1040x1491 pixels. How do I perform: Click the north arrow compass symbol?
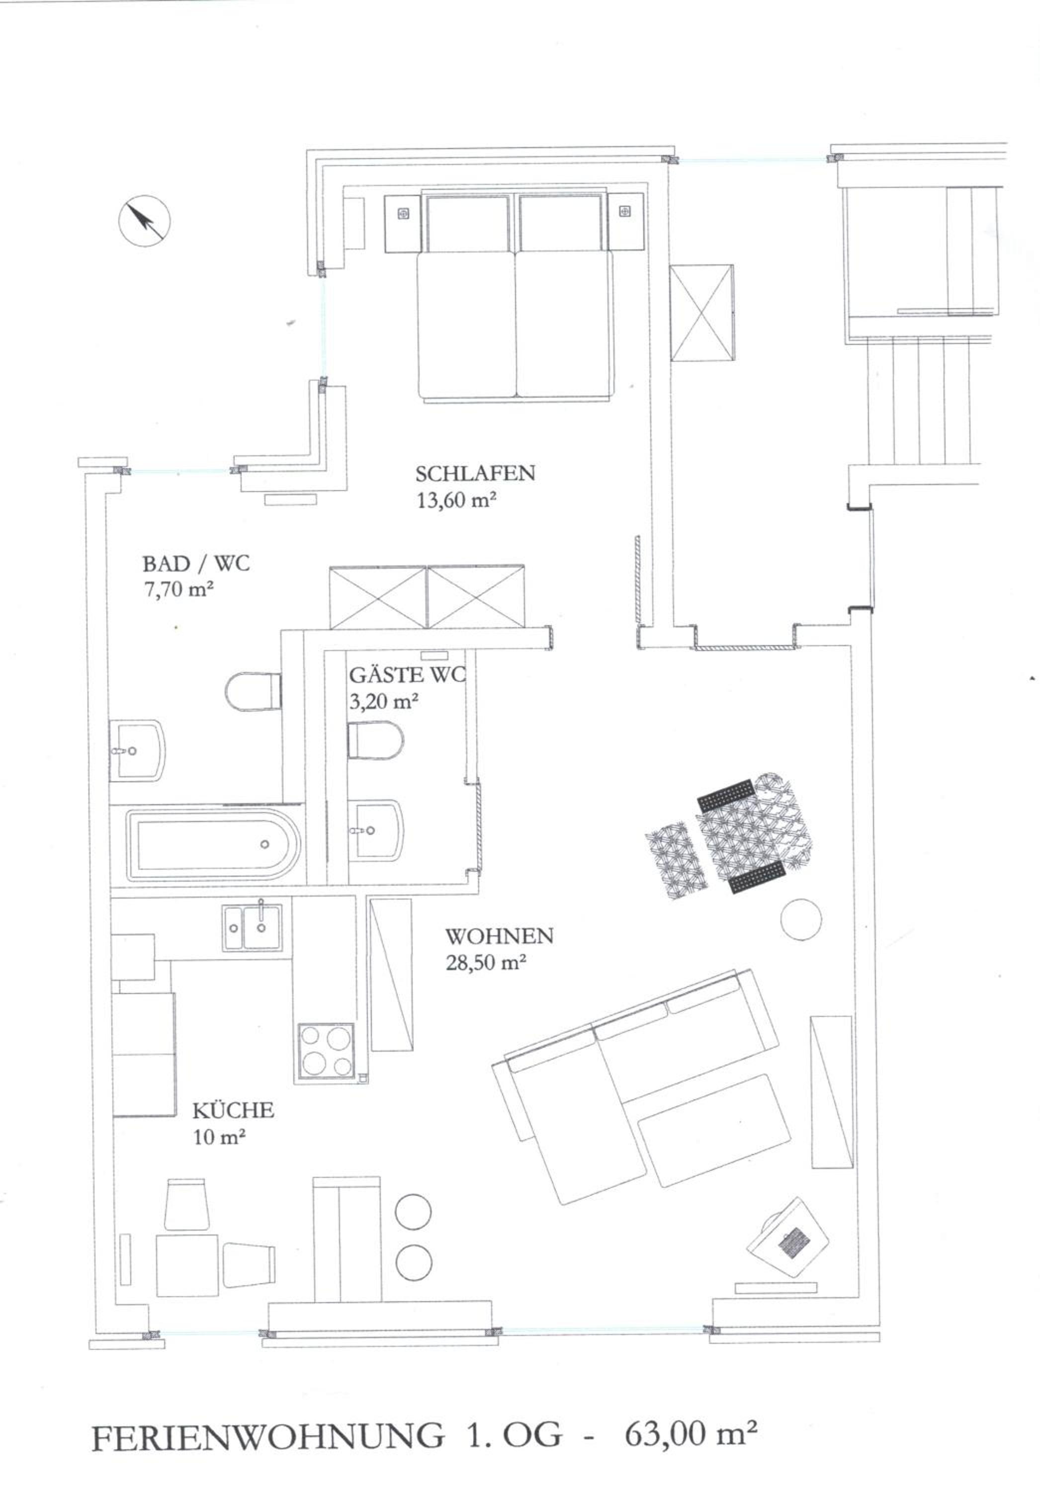(x=145, y=221)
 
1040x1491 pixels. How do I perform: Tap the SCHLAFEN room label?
(x=475, y=474)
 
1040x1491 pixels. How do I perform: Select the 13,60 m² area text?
(x=457, y=500)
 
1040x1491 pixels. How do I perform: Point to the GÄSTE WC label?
(x=407, y=675)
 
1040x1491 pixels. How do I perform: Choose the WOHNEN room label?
(x=499, y=936)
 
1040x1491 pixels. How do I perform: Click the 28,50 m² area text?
(x=485, y=963)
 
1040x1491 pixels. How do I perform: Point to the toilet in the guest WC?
(x=375, y=740)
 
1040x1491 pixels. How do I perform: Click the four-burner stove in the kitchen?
(x=327, y=1050)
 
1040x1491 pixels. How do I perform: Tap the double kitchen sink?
(x=253, y=928)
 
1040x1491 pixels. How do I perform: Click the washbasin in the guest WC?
(x=375, y=830)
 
